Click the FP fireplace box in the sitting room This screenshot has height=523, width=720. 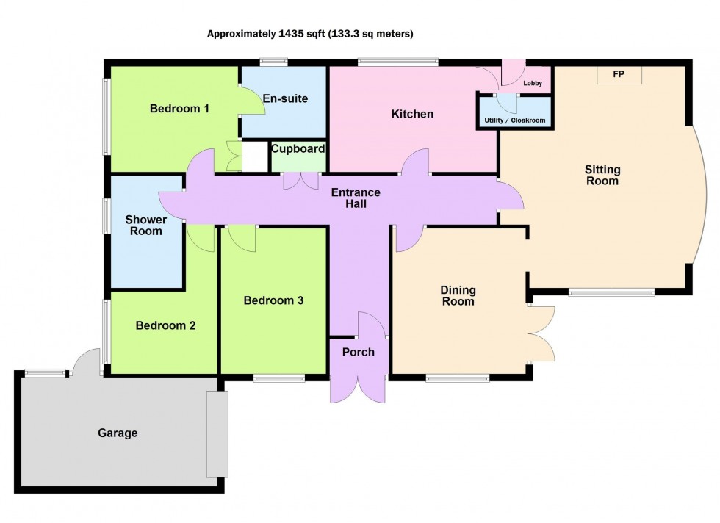(x=618, y=75)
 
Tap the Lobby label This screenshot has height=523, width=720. (x=533, y=84)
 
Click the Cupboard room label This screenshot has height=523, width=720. (x=298, y=149)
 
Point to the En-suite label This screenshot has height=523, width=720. (x=286, y=98)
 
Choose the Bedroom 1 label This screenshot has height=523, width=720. (x=179, y=109)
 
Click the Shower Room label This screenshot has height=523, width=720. (x=145, y=226)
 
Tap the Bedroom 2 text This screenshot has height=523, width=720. (x=165, y=325)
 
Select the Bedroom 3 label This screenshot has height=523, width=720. (x=273, y=300)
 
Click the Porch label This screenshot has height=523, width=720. (x=358, y=352)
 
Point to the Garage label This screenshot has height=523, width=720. (x=118, y=433)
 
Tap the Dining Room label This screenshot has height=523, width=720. (x=457, y=295)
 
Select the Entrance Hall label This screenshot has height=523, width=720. (x=356, y=198)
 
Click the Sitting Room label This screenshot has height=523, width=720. (x=602, y=175)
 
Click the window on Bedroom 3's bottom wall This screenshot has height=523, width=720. (x=279, y=378)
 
